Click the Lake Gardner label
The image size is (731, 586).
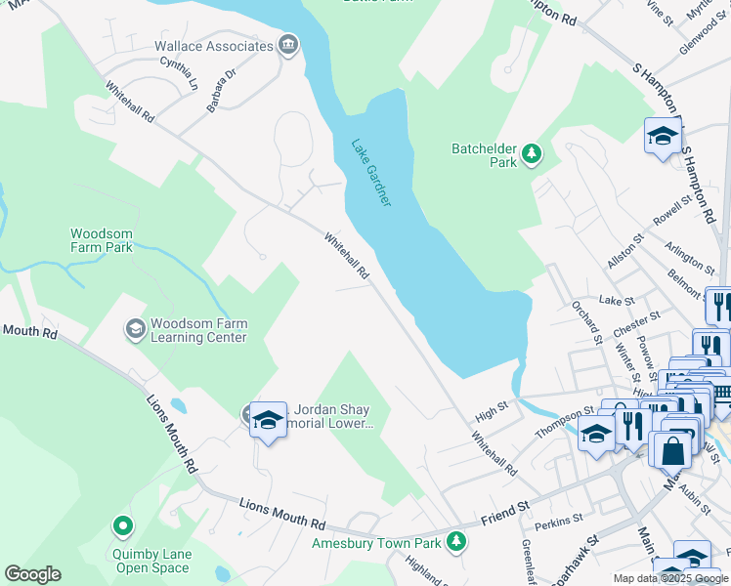click(371, 172)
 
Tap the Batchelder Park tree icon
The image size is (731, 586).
click(532, 153)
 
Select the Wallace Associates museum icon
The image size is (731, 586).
click(288, 45)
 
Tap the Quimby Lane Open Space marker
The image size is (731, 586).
click(122, 527)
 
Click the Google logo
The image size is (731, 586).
click(32, 574)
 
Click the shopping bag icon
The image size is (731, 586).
click(674, 450)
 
